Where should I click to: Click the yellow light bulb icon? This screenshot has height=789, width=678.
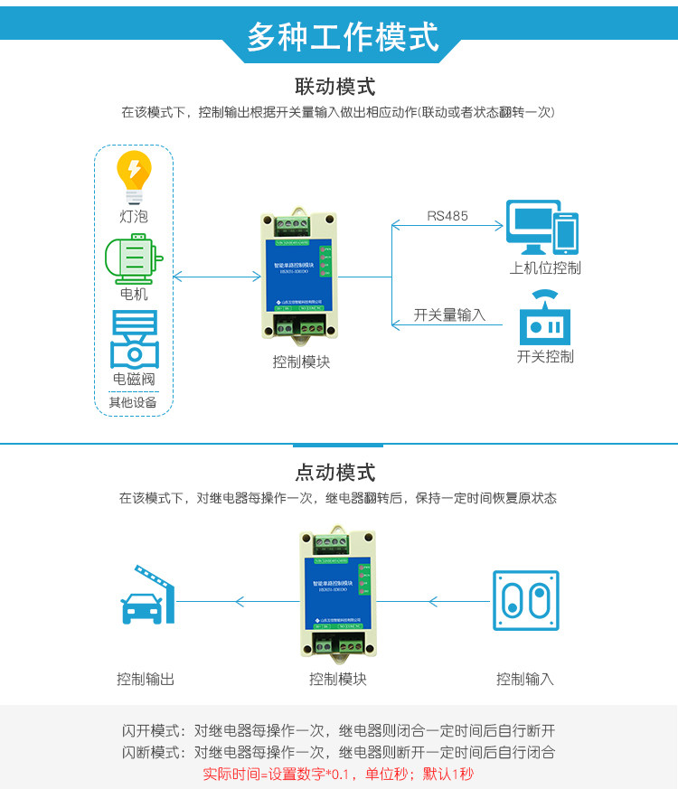point(134,177)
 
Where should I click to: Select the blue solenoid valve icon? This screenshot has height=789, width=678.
point(134,339)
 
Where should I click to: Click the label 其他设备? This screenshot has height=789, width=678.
point(133,402)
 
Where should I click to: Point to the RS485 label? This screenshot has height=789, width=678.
point(447,215)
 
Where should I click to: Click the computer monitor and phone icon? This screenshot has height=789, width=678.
point(541,229)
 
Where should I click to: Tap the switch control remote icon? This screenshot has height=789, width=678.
point(544,315)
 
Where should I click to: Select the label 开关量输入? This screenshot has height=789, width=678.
point(449,315)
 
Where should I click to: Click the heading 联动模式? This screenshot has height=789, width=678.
point(335,87)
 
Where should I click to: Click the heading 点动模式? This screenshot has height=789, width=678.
point(335,473)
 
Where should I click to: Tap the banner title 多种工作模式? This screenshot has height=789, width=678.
point(342,37)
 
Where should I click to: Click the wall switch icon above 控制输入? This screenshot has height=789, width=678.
point(525,600)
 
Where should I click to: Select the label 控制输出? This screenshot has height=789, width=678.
point(146,679)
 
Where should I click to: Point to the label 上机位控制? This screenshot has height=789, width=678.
point(545,268)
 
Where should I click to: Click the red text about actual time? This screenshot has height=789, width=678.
point(338,774)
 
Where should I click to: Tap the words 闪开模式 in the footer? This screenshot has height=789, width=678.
point(151,730)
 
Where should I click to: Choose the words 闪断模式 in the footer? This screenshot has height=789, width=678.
point(151,752)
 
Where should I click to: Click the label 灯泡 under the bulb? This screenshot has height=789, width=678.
point(133,217)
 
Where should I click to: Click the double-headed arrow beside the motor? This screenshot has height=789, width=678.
point(204,277)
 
